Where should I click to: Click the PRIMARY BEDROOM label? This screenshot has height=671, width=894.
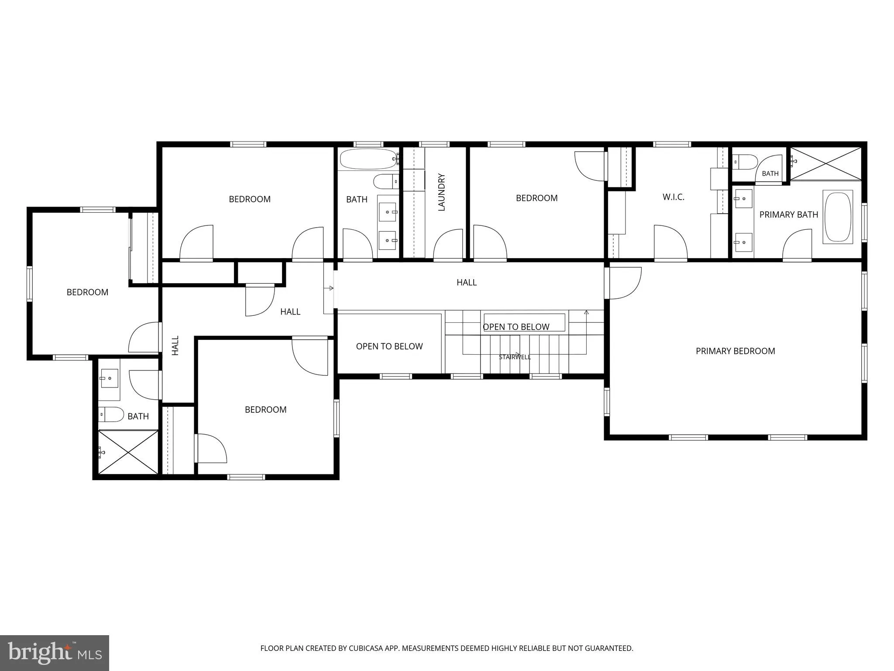tap(735, 351)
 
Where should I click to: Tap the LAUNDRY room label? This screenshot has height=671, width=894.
tap(441, 192)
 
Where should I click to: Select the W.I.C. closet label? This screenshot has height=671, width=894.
tap(673, 197)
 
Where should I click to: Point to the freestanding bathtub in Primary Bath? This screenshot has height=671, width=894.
tap(838, 216)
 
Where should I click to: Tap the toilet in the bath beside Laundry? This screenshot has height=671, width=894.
tap(386, 181)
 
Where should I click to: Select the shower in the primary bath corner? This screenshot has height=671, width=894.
tap(826, 163)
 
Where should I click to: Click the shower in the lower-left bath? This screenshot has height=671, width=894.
tap(128, 452)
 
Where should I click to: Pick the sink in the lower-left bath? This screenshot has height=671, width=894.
tap(109, 378)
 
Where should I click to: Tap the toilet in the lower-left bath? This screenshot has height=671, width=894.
tap(111, 414)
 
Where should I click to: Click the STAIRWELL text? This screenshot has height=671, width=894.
tap(515, 357)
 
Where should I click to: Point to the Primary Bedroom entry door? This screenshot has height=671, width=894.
tap(623, 283)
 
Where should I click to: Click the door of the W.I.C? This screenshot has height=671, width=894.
tap(670, 243)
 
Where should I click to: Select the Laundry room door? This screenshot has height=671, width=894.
tap(448, 245)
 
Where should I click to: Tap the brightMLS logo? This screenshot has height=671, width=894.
tap(55, 653)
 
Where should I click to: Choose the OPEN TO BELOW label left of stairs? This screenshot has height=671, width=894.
tap(389, 346)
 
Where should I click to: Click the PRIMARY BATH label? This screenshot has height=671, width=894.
tap(788, 214)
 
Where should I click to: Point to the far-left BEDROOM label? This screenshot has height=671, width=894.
tap(87, 292)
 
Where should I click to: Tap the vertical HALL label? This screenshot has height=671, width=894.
tap(175, 345)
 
